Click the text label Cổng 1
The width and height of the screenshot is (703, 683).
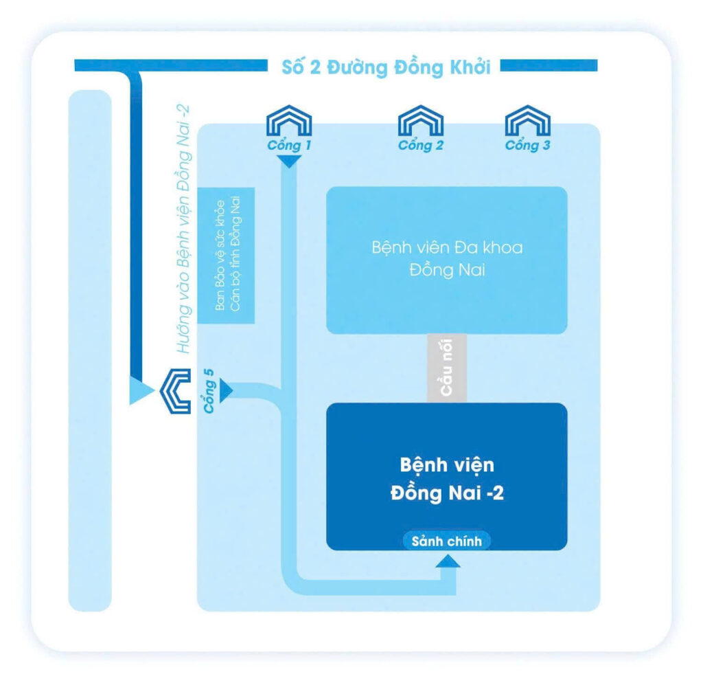(x=289, y=145)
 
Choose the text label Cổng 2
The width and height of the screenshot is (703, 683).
(x=421, y=145)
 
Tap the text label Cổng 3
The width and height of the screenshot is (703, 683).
(x=528, y=145)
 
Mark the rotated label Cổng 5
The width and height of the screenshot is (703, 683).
(x=209, y=390)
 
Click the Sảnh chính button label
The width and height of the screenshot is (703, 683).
(x=446, y=541)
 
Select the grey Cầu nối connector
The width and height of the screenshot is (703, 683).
(x=446, y=368)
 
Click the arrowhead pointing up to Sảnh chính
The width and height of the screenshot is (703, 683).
(x=448, y=561)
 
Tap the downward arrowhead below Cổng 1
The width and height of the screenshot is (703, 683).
(x=289, y=161)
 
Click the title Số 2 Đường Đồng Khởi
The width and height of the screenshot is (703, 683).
(x=386, y=67)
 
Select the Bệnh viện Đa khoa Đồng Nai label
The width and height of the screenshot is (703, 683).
(x=447, y=259)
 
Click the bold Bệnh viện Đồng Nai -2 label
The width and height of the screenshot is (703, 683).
(x=447, y=479)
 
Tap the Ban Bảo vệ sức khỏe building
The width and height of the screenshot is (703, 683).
(x=227, y=256)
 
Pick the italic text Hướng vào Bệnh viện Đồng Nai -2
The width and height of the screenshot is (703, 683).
(x=183, y=229)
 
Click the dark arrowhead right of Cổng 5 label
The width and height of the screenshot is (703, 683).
(x=227, y=390)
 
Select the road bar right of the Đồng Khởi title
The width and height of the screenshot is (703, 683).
(x=549, y=65)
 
